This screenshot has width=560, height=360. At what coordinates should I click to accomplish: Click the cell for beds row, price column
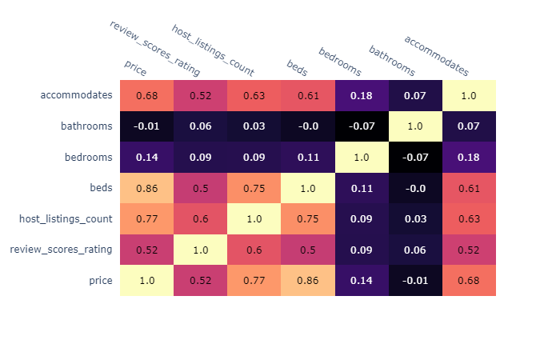click(146, 187)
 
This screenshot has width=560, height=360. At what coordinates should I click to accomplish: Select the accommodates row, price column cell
click(146, 95)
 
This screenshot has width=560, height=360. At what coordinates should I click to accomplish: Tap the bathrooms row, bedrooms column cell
click(362, 126)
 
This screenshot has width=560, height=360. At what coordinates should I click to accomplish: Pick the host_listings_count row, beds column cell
click(308, 218)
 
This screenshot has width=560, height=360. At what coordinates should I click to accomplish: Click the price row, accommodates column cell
click(469, 280)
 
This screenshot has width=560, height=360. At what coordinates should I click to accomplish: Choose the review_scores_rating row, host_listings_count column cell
click(254, 250)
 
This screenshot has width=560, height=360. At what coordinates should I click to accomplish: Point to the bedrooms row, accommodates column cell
click(469, 157)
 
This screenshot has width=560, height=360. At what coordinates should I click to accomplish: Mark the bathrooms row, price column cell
click(146, 126)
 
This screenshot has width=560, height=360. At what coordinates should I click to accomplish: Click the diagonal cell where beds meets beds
click(308, 187)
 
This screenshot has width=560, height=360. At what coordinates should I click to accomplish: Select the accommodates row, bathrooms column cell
click(415, 95)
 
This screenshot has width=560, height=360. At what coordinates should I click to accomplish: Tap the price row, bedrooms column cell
click(362, 280)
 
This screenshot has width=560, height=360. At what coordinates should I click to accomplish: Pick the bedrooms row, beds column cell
click(308, 157)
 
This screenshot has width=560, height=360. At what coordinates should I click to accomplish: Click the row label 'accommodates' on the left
click(76, 95)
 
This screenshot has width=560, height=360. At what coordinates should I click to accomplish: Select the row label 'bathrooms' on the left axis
click(86, 126)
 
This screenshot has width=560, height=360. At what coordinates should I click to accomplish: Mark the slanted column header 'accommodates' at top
click(436, 55)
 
